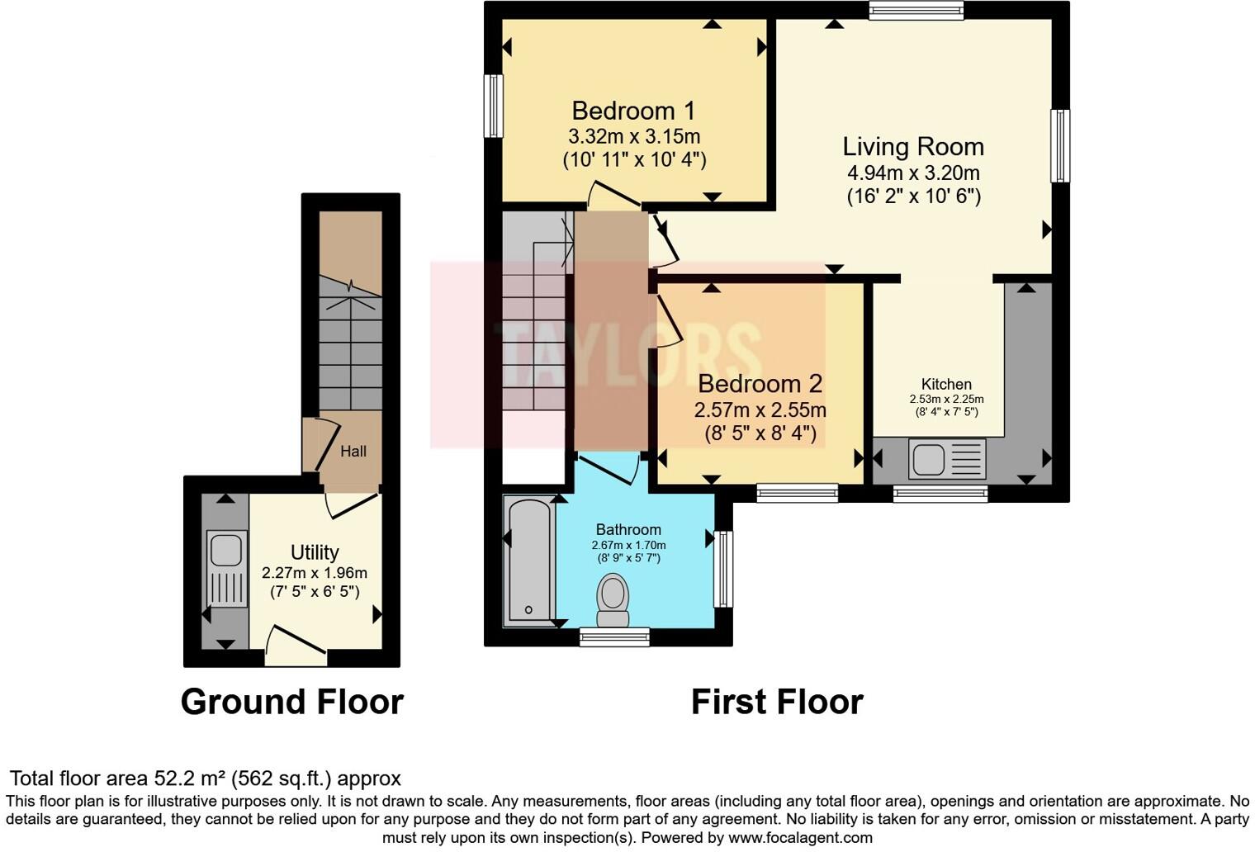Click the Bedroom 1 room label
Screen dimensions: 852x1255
[633, 111]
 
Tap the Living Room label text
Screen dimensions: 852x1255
[913, 147]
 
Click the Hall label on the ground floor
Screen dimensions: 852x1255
[353, 452]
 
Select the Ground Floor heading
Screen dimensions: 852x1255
[291, 702]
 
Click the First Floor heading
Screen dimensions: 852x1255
[777, 702]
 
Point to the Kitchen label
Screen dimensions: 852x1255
[946, 384]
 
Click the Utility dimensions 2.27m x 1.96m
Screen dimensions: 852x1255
[315, 573]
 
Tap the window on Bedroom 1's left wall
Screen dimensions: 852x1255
[493, 106]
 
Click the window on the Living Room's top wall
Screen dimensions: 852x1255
[916, 10]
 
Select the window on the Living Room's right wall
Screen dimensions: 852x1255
[1060, 145]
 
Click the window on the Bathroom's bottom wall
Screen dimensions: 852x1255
[613, 636]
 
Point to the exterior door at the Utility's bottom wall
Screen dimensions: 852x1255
[296, 648]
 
